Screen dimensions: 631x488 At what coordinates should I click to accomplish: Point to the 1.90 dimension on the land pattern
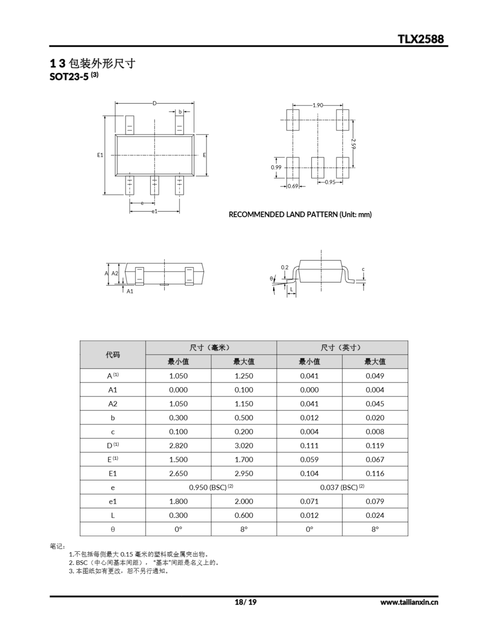(x=318, y=105)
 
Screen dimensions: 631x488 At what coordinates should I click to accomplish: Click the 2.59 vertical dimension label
(x=353, y=144)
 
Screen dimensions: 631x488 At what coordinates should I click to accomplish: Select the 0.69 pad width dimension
(x=293, y=186)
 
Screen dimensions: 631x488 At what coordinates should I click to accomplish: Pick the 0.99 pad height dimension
(x=276, y=167)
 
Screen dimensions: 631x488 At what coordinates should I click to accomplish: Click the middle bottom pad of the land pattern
(x=318, y=168)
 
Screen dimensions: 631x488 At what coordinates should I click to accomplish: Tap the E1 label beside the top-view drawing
(x=100, y=155)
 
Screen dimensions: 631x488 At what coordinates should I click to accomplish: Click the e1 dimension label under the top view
(x=154, y=211)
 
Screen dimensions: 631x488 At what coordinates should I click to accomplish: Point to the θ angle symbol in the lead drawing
(x=271, y=279)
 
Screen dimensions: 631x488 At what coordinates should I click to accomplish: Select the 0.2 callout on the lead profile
(x=285, y=267)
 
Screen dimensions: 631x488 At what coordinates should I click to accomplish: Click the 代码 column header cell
(x=113, y=354)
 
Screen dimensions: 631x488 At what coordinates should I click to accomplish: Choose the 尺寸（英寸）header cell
(x=342, y=348)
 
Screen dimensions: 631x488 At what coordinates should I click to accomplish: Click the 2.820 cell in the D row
(x=178, y=445)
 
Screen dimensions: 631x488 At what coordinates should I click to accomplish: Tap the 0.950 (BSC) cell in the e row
(x=211, y=487)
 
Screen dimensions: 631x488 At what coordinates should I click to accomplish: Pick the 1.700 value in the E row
(x=244, y=459)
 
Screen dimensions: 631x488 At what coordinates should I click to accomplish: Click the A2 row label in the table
(x=113, y=404)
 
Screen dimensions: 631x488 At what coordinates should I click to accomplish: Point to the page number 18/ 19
(x=245, y=602)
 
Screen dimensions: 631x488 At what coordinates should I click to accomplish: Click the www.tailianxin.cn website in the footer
(x=409, y=602)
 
